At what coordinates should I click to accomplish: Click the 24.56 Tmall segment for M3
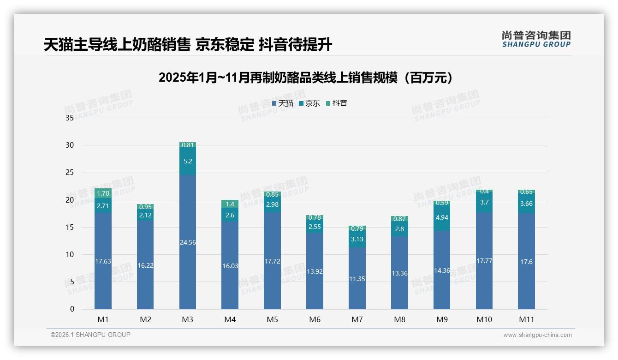click(188, 242)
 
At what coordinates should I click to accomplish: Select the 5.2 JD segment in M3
click(188, 161)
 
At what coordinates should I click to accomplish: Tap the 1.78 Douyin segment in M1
click(103, 193)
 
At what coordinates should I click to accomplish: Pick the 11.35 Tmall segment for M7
click(357, 278)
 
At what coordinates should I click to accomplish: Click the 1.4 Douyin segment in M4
click(230, 204)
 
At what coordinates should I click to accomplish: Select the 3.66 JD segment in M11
click(526, 204)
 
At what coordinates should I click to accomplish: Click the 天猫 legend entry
click(282, 103)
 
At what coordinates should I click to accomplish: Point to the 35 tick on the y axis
click(70, 118)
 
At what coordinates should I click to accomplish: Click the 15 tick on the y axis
click(70, 227)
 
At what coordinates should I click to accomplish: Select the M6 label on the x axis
click(315, 319)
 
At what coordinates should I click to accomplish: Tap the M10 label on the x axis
click(484, 319)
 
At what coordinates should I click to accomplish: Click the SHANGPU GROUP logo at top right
click(536, 39)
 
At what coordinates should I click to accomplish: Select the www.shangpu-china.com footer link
click(537, 335)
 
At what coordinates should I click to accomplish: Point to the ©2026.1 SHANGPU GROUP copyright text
click(90, 335)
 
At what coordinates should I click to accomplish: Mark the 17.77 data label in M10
click(484, 261)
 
